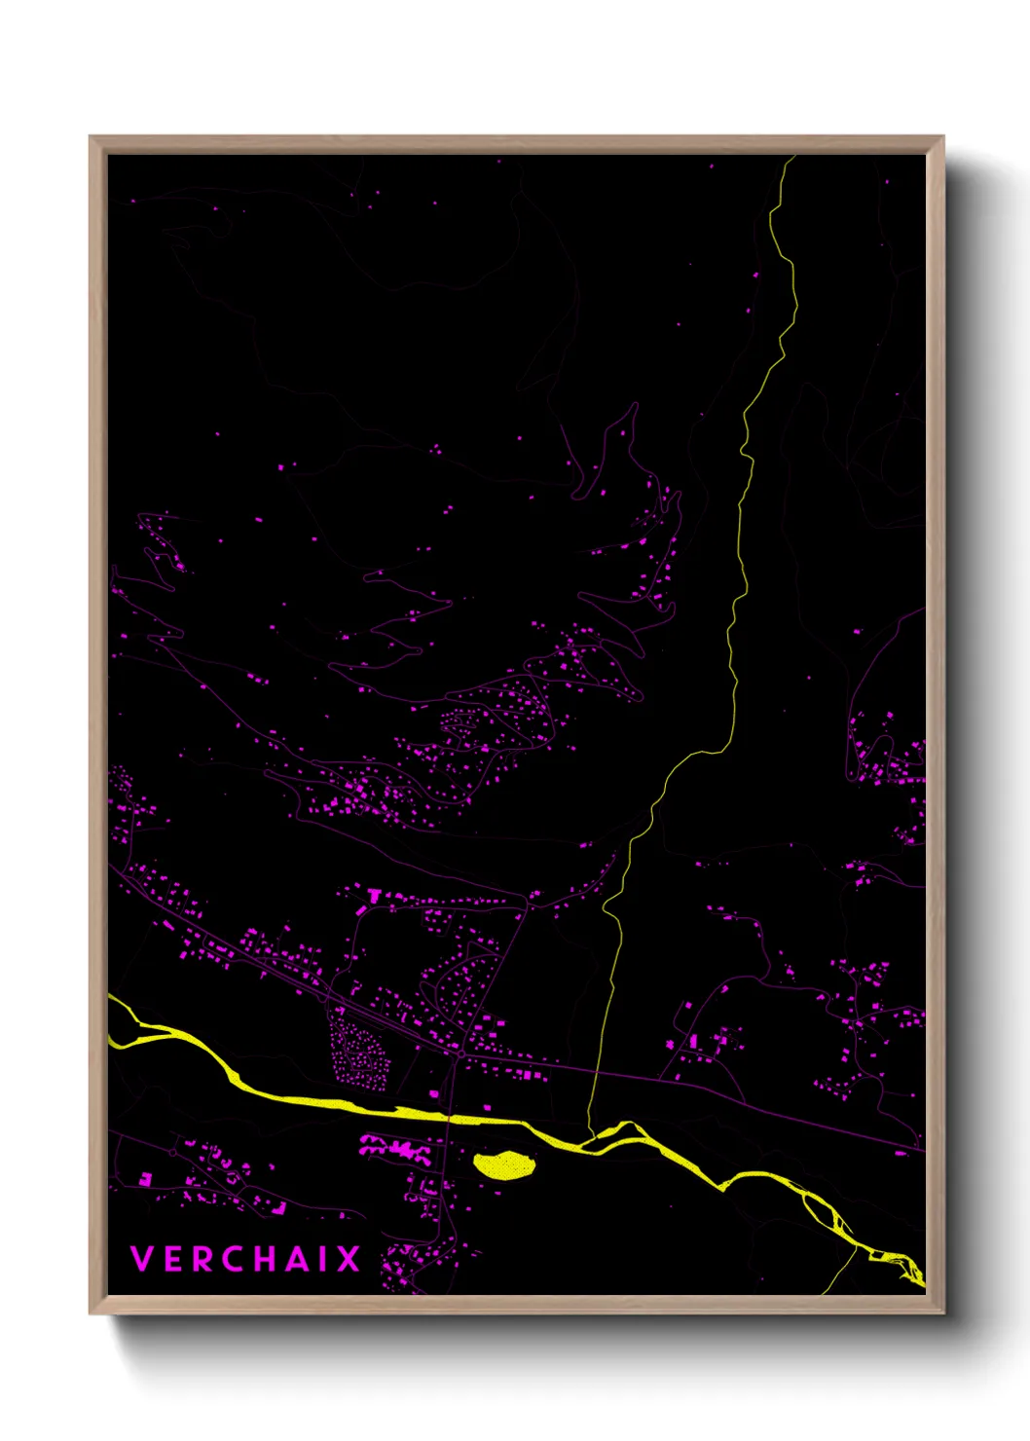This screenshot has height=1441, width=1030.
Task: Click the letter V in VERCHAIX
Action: point(142,1259)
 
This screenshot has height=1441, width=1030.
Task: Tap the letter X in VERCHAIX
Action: point(348,1259)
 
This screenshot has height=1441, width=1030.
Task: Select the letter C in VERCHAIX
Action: point(231,1259)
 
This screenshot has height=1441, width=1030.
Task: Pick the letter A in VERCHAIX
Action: point(295,1259)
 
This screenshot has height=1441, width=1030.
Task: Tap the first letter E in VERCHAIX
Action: point(171,1259)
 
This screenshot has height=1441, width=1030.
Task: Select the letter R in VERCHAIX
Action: point(201,1259)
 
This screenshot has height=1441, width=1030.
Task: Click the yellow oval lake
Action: point(503,1164)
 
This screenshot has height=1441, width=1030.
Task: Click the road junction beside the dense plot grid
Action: point(460,1053)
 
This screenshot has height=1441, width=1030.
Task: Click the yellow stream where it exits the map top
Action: point(790,159)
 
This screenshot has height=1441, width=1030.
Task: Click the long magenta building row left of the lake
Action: point(395,1149)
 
